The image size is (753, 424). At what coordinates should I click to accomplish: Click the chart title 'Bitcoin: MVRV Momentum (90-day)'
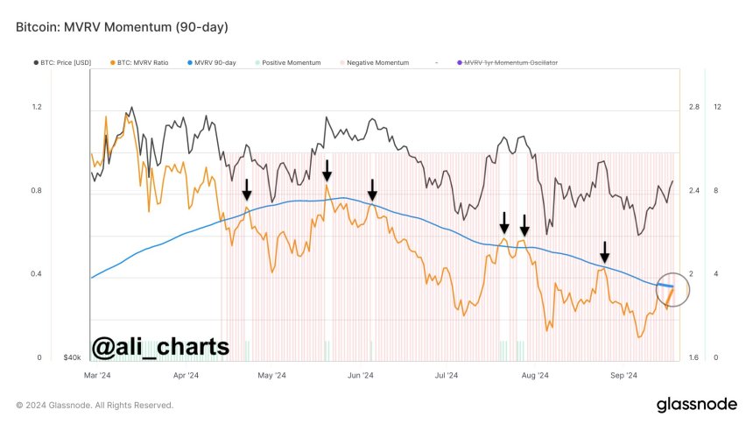pyautogui.click(x=122, y=27)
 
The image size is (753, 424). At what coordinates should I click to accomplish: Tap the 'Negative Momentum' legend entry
pyautogui.click(x=376, y=63)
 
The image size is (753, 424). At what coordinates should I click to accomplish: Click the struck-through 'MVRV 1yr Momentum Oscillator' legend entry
pyautogui.click(x=510, y=63)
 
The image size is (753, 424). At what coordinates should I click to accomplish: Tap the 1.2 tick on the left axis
pyautogui.click(x=37, y=107)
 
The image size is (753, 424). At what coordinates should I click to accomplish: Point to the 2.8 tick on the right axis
pyautogui.click(x=693, y=107)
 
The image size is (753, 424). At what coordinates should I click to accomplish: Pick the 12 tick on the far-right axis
pyautogui.click(x=717, y=107)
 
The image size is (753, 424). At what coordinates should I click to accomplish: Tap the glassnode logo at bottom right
pyautogui.click(x=695, y=405)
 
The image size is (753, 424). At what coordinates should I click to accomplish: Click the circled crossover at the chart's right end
pyautogui.click(x=671, y=290)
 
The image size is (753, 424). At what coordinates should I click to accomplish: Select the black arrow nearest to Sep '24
pyautogui.click(x=604, y=252)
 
